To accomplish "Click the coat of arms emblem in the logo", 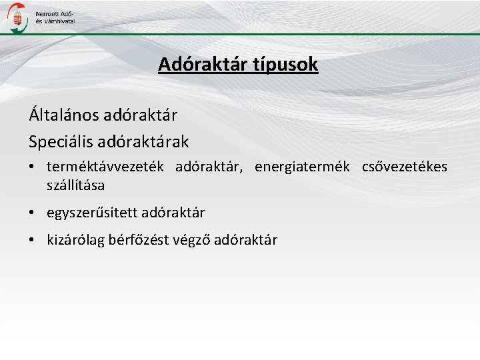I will [19, 17].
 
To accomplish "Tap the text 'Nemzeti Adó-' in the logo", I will [55, 13].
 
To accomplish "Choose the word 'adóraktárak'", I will [152, 141].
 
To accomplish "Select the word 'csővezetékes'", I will [405, 167].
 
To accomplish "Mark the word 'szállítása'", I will [75, 183].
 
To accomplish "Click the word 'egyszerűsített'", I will [89, 213].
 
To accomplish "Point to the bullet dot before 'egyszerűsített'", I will [33, 213].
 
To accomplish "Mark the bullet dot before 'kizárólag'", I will [33, 240].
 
